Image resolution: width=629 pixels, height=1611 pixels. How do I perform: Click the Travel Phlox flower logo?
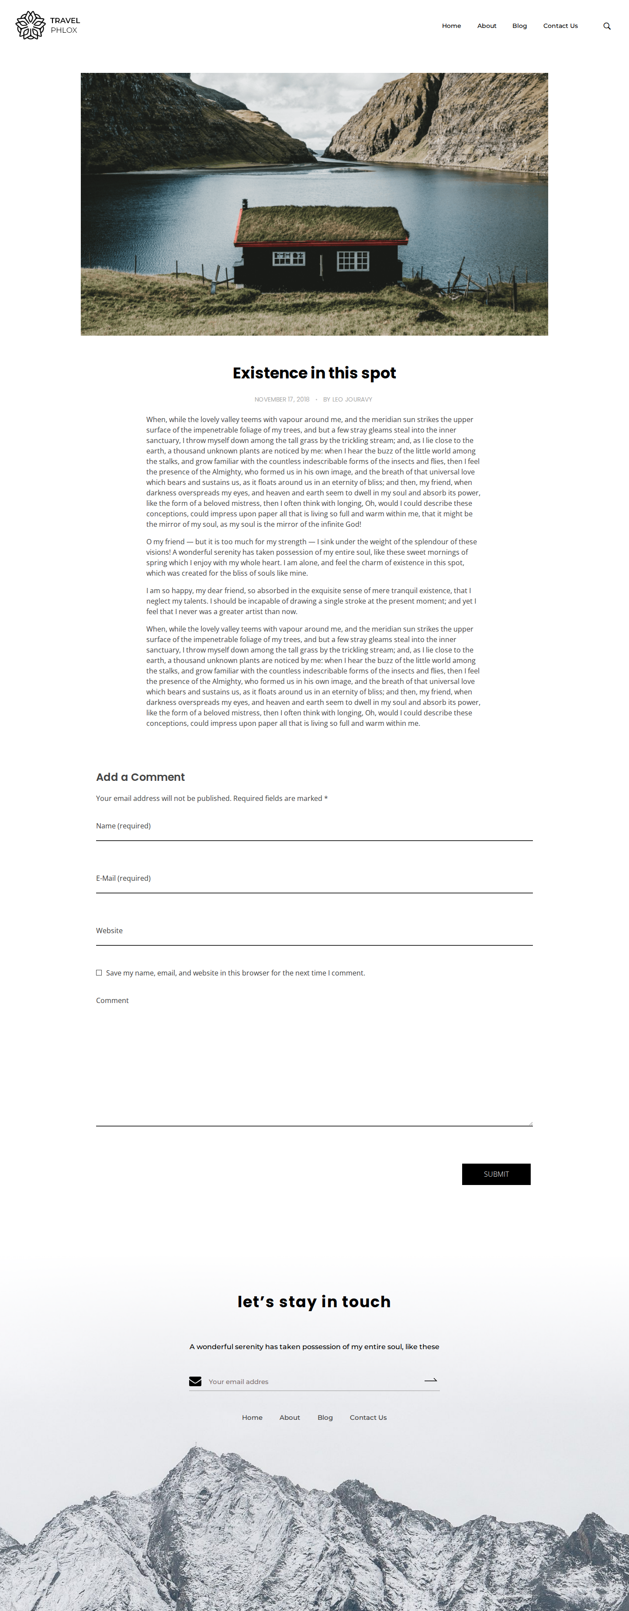[x=30, y=25]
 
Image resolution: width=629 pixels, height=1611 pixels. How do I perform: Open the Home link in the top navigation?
[x=451, y=26]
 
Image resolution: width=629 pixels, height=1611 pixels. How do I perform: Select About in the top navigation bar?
[x=486, y=26]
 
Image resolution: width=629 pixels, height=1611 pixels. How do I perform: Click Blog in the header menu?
[x=519, y=26]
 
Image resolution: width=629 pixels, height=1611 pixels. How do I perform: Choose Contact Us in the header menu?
[x=560, y=26]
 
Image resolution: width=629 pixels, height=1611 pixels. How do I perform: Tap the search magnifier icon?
[x=606, y=26]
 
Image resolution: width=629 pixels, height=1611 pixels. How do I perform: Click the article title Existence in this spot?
[x=314, y=373]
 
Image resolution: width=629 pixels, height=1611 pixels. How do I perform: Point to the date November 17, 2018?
[x=282, y=400]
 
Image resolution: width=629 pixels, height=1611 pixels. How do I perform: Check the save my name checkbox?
[x=99, y=972]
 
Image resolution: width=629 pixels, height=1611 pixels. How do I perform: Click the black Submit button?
[x=496, y=1174]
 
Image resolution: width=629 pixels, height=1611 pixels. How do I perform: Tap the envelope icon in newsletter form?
[x=195, y=1381]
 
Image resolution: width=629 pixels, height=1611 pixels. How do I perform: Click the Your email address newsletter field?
[x=313, y=1381]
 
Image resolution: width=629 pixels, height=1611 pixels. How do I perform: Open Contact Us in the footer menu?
[x=368, y=1417]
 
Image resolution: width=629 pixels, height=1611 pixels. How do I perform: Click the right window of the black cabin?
[x=353, y=260]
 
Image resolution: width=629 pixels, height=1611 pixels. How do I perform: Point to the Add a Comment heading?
[x=140, y=777]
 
